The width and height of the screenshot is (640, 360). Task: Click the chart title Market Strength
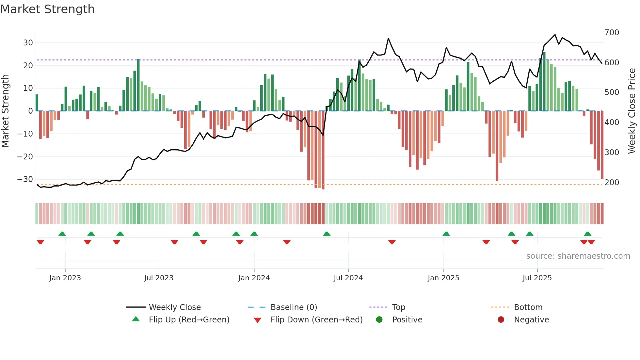[x=47, y=9]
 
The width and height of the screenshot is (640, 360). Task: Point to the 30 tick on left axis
[x=28, y=43]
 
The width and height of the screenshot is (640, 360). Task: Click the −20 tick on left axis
[x=25, y=156]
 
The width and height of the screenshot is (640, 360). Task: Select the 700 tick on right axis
[x=612, y=33]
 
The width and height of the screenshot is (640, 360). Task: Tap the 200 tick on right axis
[x=612, y=182]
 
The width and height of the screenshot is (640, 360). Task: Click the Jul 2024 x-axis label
[x=348, y=278]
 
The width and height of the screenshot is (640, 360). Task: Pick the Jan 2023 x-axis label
[x=65, y=278]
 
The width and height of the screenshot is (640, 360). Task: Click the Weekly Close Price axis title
[x=632, y=111]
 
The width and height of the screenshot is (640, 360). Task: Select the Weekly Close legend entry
[x=175, y=307]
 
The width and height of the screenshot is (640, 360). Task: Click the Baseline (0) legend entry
[x=294, y=307]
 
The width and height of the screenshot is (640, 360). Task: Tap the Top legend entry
[x=398, y=307]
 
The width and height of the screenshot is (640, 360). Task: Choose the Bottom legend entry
[x=528, y=307]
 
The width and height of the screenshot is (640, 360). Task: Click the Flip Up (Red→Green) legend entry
[x=189, y=320]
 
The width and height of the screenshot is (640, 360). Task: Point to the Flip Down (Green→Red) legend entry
[x=316, y=320]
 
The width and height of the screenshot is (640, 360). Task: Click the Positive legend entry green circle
[x=379, y=319]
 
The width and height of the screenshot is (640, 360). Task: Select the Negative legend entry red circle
[x=501, y=319]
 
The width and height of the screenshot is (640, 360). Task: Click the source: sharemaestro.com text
[x=578, y=256]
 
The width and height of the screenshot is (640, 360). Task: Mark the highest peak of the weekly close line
[x=555, y=35]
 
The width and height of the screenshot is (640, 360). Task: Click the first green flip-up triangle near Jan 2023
[x=62, y=234]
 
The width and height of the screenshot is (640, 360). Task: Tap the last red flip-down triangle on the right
[x=591, y=242]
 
